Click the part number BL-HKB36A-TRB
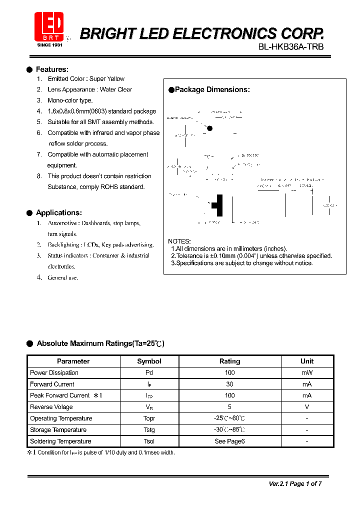(x=291, y=46)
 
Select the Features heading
(x=52, y=69)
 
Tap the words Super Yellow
(x=107, y=79)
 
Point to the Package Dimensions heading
(x=212, y=90)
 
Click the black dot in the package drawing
(x=209, y=128)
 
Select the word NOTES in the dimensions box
(x=179, y=241)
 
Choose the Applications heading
(x=58, y=212)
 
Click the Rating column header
(x=229, y=361)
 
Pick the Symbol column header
(x=149, y=361)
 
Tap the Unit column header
(x=307, y=361)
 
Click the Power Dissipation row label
(x=54, y=373)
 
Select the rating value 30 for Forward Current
(x=229, y=384)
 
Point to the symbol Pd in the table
(x=149, y=373)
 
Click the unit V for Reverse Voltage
(x=307, y=407)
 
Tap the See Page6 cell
(x=229, y=441)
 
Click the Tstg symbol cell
(x=149, y=430)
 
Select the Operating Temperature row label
(x=61, y=418)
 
